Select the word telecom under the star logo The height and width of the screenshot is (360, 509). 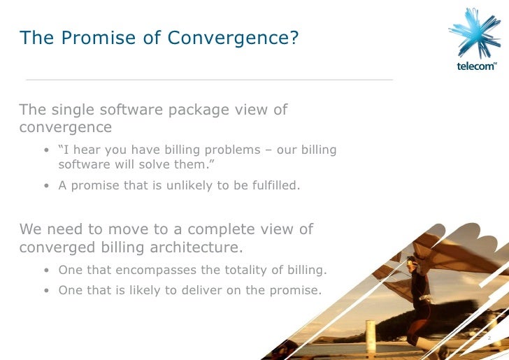click(x=475, y=68)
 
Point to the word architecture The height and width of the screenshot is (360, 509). click(x=199, y=247)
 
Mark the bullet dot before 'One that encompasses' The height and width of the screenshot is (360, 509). click(x=45, y=271)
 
